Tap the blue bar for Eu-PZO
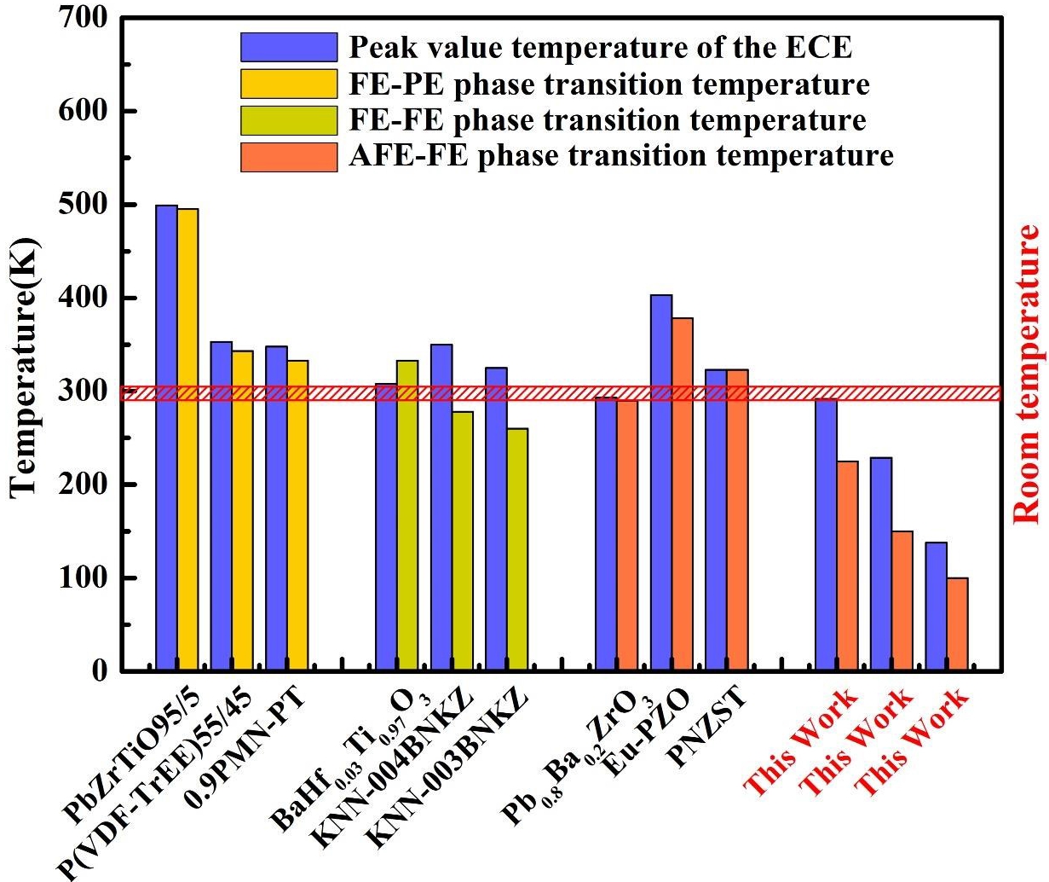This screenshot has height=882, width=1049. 661,482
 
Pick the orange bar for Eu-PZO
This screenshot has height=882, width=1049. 683,493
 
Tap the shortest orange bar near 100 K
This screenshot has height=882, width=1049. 957,624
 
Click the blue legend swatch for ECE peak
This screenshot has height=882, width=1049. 289,47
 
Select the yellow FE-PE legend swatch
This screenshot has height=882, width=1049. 289,84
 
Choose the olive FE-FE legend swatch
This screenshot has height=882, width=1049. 289,120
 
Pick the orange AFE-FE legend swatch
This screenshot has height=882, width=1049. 289,157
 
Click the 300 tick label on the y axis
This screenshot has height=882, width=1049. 84,392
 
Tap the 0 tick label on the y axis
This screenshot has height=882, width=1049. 99,671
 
